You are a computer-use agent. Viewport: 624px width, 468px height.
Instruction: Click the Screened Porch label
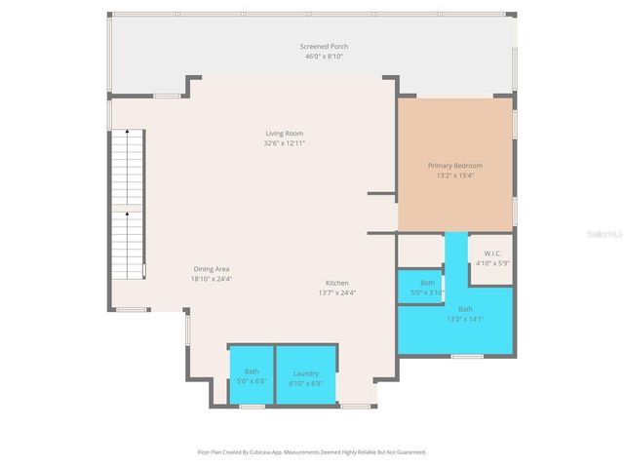(x=324, y=46)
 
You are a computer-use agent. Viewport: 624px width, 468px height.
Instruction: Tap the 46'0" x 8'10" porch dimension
(x=324, y=57)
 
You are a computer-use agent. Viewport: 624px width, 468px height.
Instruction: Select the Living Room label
(x=285, y=133)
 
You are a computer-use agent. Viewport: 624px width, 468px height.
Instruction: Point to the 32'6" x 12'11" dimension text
(x=285, y=143)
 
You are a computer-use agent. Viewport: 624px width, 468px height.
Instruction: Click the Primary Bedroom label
(x=454, y=166)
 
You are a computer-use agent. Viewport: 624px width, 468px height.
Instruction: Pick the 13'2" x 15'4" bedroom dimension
(x=454, y=176)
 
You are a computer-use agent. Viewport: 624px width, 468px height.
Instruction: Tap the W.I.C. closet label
(x=492, y=253)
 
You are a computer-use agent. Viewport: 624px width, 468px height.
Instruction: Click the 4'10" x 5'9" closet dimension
(x=492, y=263)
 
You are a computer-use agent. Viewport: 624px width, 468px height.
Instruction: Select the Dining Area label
(x=211, y=268)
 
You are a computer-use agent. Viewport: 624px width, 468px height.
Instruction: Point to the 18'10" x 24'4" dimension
(x=211, y=279)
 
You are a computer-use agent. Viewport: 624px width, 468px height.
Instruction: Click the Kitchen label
(x=337, y=283)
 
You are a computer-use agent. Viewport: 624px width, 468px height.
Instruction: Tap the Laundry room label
(x=305, y=371)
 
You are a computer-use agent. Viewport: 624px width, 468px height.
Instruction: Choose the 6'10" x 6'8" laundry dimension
(x=305, y=382)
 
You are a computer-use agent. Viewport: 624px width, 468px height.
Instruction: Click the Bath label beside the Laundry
(x=252, y=371)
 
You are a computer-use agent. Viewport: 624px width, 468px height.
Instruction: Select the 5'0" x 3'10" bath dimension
(x=427, y=292)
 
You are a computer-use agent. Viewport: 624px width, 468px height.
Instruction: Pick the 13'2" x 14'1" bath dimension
(x=465, y=319)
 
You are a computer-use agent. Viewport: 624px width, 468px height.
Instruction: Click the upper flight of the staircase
(x=127, y=167)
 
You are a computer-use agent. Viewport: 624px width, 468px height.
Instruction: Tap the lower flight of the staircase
(x=127, y=244)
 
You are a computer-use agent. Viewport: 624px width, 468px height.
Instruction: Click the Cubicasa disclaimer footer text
(x=312, y=452)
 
